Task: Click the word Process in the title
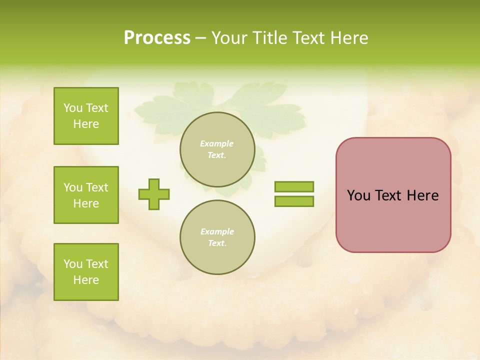tap(157, 38)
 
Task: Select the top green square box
tap(86, 116)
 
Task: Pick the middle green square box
tap(86, 195)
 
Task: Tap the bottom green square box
tap(86, 272)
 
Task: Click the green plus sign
tap(154, 194)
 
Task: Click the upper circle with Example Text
tap(217, 149)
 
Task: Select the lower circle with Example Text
tap(217, 237)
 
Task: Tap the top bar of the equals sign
tap(294, 187)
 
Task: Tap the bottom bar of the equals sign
tap(294, 201)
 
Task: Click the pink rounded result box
tap(393, 220)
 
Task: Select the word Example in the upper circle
tap(217, 143)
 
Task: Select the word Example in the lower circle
tap(217, 231)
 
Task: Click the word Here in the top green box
tap(86, 124)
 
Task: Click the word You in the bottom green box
tap(73, 264)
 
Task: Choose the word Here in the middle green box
tap(86, 203)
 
